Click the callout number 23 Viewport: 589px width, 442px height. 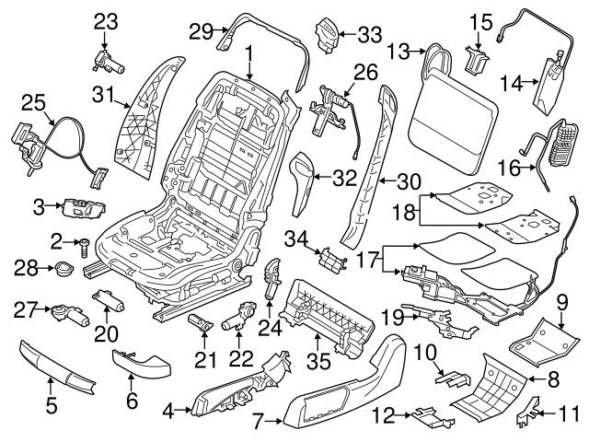pyautogui.click(x=106, y=22)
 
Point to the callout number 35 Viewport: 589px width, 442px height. pyautogui.click(x=318, y=360)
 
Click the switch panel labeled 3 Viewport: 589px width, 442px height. pyautogui.click(x=84, y=208)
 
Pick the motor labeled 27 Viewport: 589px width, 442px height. pyautogui.click(x=70, y=316)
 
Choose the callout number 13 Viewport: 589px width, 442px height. pyautogui.click(x=398, y=52)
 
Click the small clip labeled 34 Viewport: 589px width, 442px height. pyautogui.click(x=331, y=260)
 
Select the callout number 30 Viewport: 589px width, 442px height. pyautogui.click(x=409, y=182)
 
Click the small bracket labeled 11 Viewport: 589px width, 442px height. pyautogui.click(x=530, y=413)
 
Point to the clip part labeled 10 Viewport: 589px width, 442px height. pyautogui.click(x=452, y=379)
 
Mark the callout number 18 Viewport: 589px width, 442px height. pyautogui.click(x=404, y=212)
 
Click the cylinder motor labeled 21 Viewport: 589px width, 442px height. pyautogui.click(x=201, y=323)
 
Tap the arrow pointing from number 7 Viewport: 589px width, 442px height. pyautogui.click(x=273, y=422)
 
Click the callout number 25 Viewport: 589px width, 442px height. pyautogui.click(x=33, y=102)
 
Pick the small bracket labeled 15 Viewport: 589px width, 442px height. pyautogui.click(x=477, y=59)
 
